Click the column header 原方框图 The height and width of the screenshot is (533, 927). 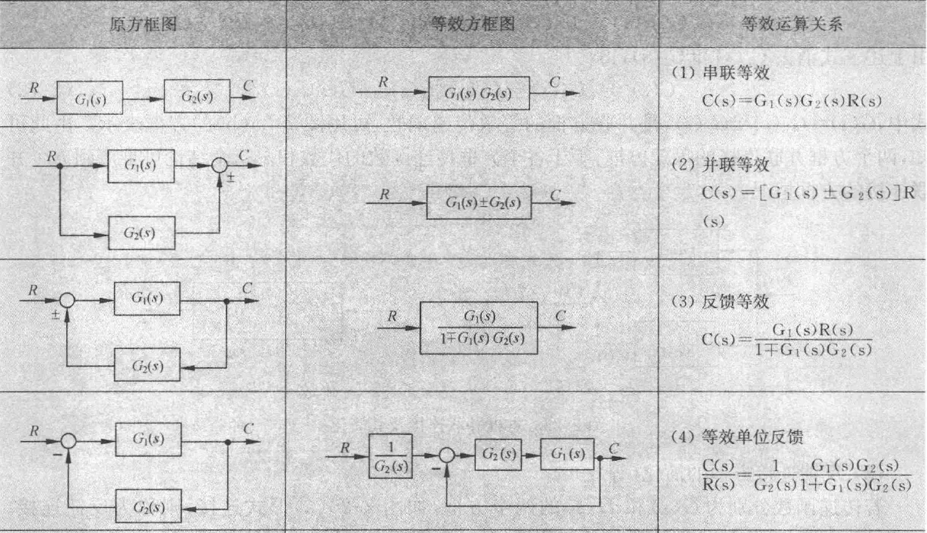[x=144, y=24]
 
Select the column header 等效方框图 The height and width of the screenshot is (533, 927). [x=472, y=24]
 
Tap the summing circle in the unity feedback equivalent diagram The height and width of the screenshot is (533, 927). [x=447, y=455]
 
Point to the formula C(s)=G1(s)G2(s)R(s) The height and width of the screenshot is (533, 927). [x=791, y=101]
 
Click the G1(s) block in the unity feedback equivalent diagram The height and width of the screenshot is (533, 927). [x=568, y=455]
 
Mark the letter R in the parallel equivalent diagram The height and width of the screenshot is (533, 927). [x=386, y=195]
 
